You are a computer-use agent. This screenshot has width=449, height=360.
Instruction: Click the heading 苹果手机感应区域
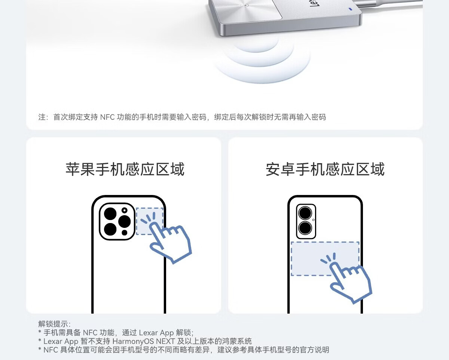(125, 169)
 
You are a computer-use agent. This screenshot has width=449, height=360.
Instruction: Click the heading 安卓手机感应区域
(325, 169)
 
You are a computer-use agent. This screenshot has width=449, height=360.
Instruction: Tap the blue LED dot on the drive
(351, 9)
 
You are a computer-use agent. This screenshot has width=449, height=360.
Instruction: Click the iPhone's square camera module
(117, 221)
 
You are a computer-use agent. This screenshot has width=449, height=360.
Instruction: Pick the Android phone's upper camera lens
(305, 213)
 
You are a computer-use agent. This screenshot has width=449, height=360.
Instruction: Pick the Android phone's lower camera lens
(305, 228)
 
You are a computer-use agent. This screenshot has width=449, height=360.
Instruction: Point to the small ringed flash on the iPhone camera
(125, 210)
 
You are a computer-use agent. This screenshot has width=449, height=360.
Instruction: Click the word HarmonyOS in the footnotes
(133, 341)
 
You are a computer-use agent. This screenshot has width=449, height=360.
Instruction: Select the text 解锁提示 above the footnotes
(53, 324)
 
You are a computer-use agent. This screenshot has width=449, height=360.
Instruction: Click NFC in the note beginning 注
(107, 117)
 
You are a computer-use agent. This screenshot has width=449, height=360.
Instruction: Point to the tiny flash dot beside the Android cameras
(314, 220)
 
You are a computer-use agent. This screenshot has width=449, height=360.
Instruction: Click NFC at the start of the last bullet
(51, 350)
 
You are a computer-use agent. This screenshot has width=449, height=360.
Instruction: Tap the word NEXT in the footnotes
(165, 341)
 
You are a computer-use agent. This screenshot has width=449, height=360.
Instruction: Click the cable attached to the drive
(390, 3)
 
